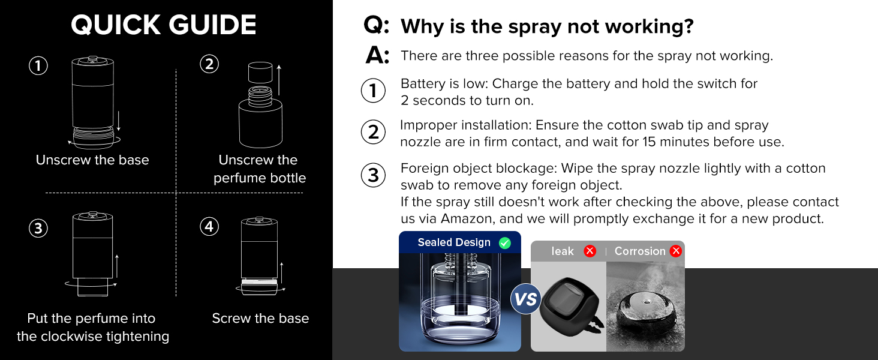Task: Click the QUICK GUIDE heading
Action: [163, 25]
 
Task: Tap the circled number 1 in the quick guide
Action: [38, 65]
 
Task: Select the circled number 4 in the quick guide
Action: [209, 227]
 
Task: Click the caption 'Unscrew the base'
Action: [92, 160]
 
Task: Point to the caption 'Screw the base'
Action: [260, 319]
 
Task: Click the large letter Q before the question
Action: [377, 26]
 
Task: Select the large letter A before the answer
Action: [377, 56]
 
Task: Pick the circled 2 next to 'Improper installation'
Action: [373, 133]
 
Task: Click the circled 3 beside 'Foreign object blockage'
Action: [373, 175]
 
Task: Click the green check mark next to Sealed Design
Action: [505, 243]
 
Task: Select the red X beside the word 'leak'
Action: [590, 251]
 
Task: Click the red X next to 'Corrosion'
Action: [676, 251]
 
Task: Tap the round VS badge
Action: [526, 299]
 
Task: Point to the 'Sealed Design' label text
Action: [454, 243]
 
